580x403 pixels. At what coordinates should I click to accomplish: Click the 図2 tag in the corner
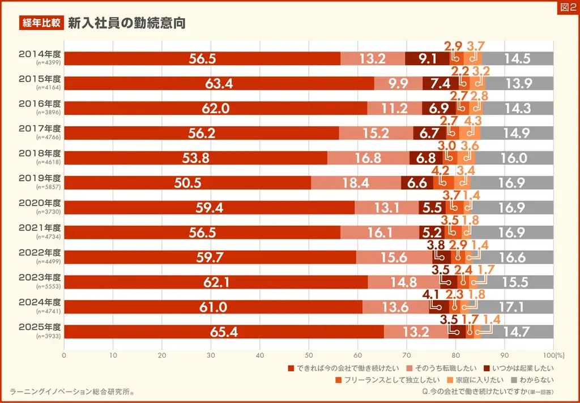(x=568, y=7)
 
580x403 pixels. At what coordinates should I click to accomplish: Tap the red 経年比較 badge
(x=41, y=23)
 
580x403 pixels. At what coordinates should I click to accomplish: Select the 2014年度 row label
(x=40, y=54)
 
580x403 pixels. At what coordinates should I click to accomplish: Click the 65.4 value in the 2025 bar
(x=224, y=332)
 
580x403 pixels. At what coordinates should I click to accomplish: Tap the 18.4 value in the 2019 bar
(x=356, y=183)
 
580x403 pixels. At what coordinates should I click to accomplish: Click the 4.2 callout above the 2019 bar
(x=440, y=170)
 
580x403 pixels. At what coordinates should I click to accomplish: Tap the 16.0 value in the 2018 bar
(x=514, y=158)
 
